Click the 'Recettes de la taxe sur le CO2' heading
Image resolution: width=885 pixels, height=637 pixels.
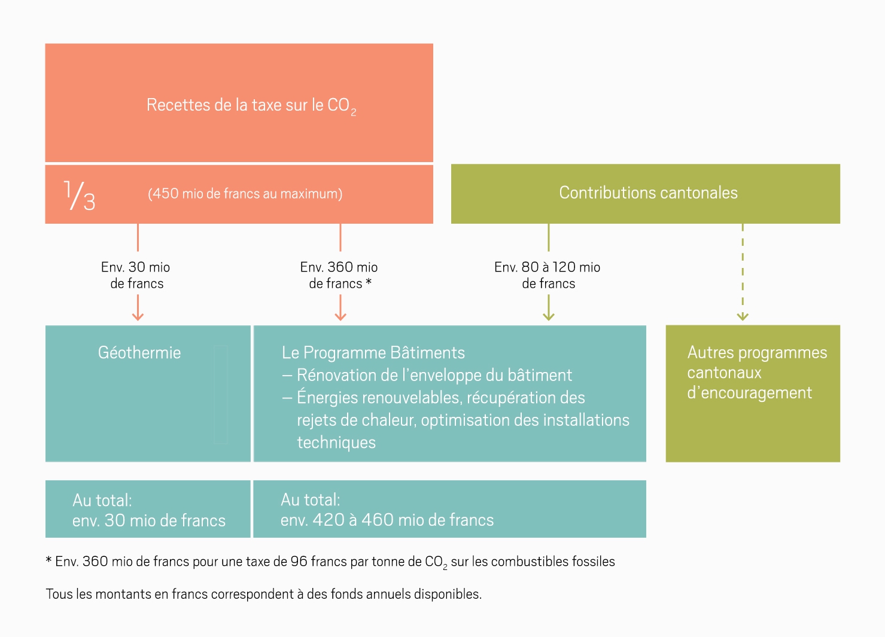pyautogui.click(x=251, y=106)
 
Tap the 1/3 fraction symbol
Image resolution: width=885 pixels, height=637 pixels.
pyautogui.click(x=80, y=195)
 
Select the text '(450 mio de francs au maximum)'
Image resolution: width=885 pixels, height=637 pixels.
pyautogui.click(x=245, y=194)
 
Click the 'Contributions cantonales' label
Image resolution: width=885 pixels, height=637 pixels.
pyautogui.click(x=648, y=193)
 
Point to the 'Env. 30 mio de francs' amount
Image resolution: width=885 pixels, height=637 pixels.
pyautogui.click(x=135, y=275)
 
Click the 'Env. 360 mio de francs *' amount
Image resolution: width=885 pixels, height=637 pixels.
pyautogui.click(x=339, y=275)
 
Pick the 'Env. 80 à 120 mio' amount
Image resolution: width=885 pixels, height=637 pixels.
pyautogui.click(x=547, y=267)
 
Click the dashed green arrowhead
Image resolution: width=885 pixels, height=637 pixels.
pyautogui.click(x=743, y=316)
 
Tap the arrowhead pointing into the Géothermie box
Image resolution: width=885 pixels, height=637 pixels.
pyautogui.click(x=138, y=316)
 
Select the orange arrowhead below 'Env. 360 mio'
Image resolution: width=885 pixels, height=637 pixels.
pyautogui.click(x=340, y=316)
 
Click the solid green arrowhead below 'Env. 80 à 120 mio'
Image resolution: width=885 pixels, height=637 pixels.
pyautogui.click(x=549, y=316)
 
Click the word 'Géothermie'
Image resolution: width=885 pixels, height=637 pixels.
pyautogui.click(x=139, y=353)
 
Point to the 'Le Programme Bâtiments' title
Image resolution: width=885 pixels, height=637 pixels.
pyautogui.click(x=373, y=353)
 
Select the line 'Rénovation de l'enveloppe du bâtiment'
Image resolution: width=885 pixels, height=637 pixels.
pyautogui.click(x=434, y=375)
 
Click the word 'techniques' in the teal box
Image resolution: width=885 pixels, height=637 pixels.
pyautogui.click(x=336, y=443)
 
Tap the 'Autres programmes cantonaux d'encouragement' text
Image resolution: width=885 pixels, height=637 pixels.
pyautogui.click(x=757, y=373)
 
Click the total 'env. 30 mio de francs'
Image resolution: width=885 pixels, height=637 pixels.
pyautogui.click(x=149, y=520)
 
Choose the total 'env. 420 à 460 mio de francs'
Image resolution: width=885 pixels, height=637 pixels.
pyautogui.click(x=387, y=520)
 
